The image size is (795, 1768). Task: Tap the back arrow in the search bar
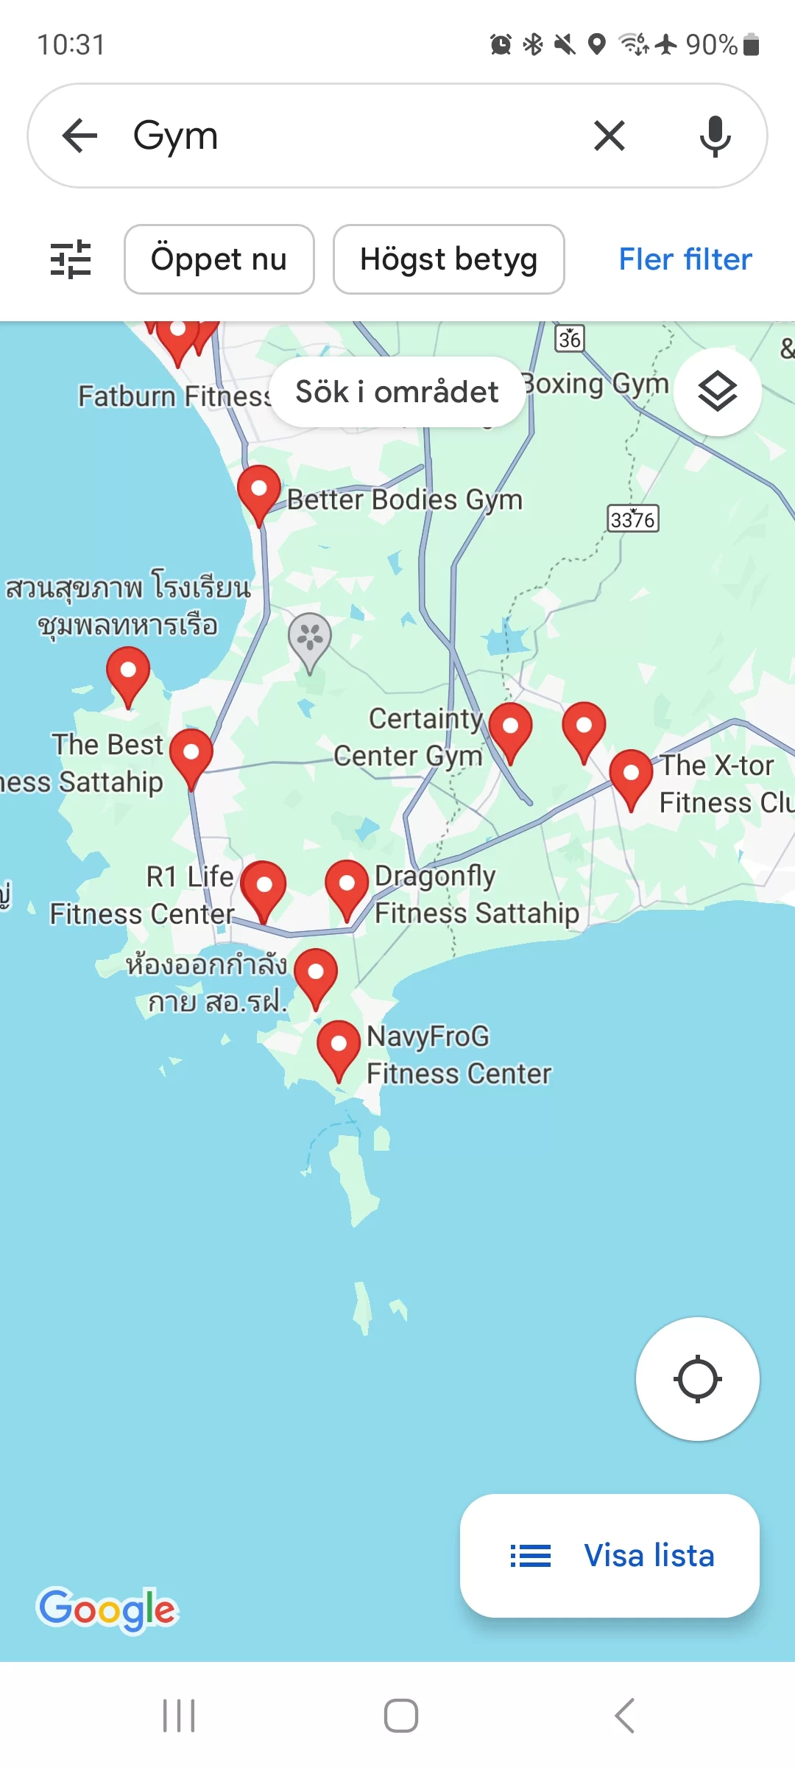79,136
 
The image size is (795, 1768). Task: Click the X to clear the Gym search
609,136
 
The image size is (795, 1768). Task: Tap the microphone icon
715,136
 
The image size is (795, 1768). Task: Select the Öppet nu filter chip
219,259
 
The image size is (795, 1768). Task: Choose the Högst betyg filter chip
448,259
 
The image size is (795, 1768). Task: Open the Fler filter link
685,259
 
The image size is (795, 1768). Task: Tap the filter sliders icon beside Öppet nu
71,259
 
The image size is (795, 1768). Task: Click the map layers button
718,391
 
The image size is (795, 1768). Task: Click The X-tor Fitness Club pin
631,776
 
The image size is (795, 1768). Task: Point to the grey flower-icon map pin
310,638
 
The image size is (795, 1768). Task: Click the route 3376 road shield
632,519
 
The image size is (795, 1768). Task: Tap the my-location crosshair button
697,1379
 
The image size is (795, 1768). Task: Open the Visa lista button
609,1556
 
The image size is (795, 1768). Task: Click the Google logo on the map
107,1610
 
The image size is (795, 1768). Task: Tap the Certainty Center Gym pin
510,729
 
